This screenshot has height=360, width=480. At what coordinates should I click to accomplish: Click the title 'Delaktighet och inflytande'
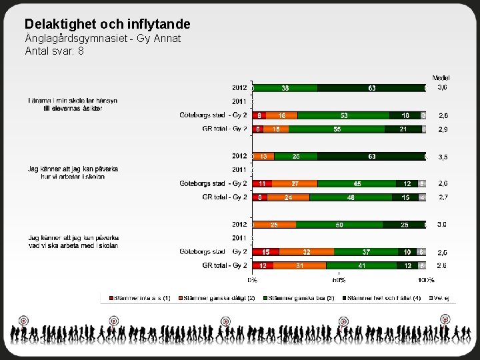click(x=107, y=24)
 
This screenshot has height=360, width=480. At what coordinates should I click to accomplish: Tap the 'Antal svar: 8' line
click(x=54, y=51)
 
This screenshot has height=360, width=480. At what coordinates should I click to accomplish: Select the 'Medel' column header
click(x=441, y=78)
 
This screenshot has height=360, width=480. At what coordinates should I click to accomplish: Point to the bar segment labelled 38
click(x=285, y=87)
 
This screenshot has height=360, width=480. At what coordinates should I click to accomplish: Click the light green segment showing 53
click(x=344, y=115)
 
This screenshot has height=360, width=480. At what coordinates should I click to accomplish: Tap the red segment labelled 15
click(x=266, y=252)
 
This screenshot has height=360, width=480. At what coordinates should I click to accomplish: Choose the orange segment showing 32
click(x=307, y=252)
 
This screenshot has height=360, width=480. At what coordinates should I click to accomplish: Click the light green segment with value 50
click(x=339, y=225)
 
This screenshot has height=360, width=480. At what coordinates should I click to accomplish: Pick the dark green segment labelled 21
click(x=403, y=129)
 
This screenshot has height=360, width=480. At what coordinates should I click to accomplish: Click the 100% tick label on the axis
click(x=426, y=280)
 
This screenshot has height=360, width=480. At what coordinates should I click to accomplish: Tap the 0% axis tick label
click(x=253, y=280)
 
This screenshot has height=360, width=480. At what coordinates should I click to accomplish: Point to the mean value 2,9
click(x=443, y=129)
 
